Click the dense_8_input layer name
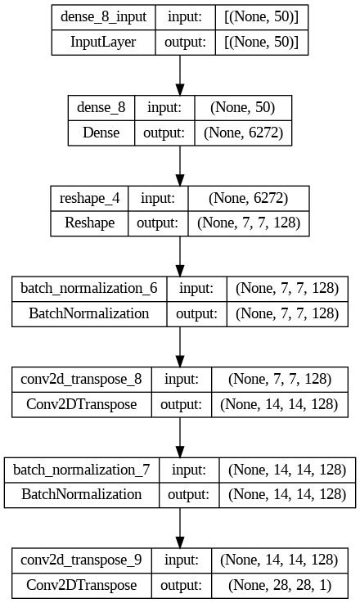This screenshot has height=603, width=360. coord(103,17)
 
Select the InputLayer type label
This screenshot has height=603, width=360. coord(103,42)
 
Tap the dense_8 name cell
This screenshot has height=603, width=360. coord(101,107)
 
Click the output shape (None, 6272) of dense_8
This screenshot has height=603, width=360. coord(244,133)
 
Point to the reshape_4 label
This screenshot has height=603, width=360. coord(90,199)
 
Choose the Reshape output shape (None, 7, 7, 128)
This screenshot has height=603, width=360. coord(249,223)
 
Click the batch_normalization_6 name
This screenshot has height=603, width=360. coord(89,289)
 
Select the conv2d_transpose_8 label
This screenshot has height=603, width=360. coord(81,379)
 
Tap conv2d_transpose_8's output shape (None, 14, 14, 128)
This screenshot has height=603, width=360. coord(279,404)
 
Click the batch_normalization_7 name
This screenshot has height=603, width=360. coord(82,470)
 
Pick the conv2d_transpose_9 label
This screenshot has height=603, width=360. coord(81,560)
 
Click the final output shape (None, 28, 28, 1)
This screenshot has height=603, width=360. coord(280,585)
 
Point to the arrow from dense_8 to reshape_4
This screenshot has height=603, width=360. coord(180,166)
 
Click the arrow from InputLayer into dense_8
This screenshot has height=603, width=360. coord(180,75)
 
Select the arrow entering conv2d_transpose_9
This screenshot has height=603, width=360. coord(180,528)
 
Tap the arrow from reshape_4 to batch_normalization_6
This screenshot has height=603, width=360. coord(180,256)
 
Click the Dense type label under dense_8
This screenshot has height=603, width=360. coord(101,133)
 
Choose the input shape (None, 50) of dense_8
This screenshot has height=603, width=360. coord(243,108)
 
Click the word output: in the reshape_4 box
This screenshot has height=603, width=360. coord(158,223)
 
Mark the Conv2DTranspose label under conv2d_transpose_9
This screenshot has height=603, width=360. coord(82,585)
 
